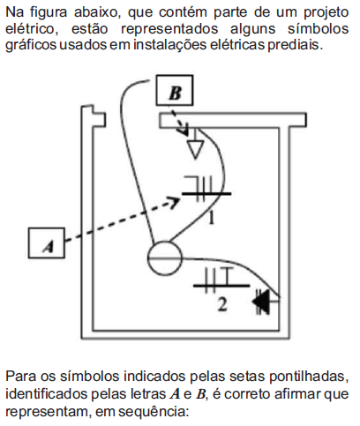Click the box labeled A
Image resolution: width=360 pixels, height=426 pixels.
point(47,243)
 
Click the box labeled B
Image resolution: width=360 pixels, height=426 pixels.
point(175,90)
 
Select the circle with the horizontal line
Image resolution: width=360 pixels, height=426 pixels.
point(165,258)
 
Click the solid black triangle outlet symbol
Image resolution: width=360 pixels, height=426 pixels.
point(262,301)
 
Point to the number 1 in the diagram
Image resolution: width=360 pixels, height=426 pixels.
point(211,218)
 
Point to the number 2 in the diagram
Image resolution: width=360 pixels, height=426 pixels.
point(222,304)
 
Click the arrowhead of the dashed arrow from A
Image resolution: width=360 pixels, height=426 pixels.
point(175,202)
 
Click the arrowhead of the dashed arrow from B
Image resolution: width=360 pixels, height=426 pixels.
point(184,130)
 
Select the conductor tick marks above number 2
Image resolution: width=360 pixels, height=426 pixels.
point(221,280)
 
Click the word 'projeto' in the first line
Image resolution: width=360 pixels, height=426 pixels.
point(326,12)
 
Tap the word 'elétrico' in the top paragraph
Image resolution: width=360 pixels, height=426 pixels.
point(30,29)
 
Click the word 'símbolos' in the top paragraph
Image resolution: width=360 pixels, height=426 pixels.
point(318,29)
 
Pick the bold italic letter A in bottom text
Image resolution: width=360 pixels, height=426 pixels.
point(175,394)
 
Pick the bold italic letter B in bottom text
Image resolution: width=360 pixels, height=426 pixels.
point(200,394)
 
